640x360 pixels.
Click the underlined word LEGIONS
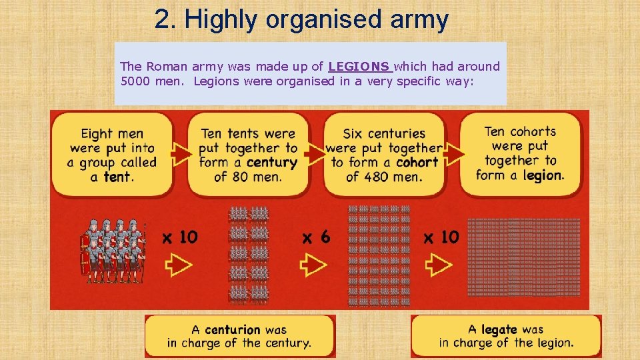tap(359, 67)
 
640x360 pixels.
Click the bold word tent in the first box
tap(118, 177)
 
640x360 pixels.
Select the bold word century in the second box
tap(271, 162)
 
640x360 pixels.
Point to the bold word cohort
tap(417, 162)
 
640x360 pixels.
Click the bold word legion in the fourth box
tap(543, 175)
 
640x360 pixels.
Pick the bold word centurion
tap(233, 329)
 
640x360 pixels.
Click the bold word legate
tap(499, 329)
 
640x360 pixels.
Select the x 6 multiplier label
tap(316, 237)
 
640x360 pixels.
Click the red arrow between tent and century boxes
tap(180, 155)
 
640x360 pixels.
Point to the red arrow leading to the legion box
tap(454, 155)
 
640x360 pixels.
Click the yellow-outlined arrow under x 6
tap(313, 265)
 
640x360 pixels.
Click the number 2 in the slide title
tap(161, 19)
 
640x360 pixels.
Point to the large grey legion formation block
tap(523, 257)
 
